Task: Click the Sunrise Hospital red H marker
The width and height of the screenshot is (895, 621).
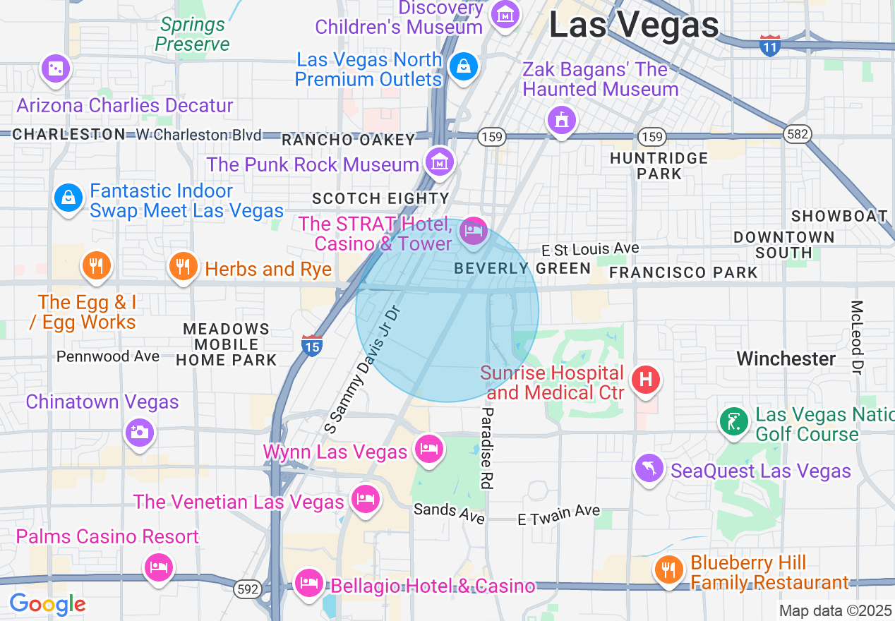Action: [x=645, y=380]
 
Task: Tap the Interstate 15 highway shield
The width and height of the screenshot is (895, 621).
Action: [x=312, y=345]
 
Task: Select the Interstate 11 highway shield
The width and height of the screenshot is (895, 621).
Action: [x=770, y=46]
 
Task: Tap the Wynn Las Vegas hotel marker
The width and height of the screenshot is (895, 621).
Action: [x=428, y=449]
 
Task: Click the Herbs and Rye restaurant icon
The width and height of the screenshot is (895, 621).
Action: [x=184, y=267]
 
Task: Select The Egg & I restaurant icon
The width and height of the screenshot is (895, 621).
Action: [x=97, y=265]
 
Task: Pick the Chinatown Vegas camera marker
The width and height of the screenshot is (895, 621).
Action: [x=139, y=431]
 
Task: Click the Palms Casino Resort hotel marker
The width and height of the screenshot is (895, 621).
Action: [x=158, y=567]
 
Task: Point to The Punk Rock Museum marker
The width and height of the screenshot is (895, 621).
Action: [x=440, y=162]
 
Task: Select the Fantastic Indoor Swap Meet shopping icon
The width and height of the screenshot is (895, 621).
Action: [x=68, y=198]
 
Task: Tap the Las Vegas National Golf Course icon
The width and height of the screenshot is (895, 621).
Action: [x=734, y=422]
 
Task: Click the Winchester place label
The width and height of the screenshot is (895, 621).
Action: [x=786, y=358]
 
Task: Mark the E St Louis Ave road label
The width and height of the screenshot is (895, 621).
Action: [x=590, y=249]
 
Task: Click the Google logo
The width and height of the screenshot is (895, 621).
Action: [x=47, y=604]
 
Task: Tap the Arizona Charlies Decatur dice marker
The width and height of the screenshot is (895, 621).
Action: [x=55, y=68]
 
